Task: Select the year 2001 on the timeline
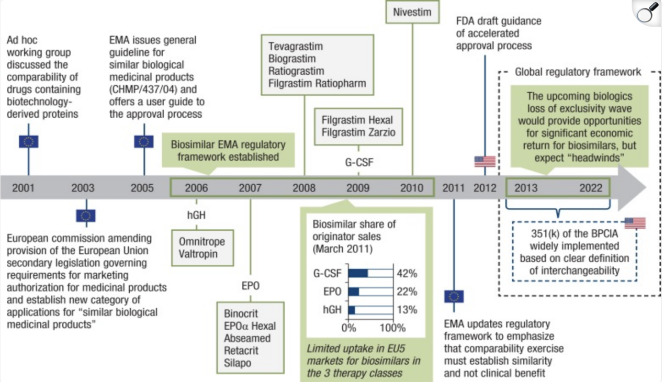click(23, 188)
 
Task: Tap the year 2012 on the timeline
click(485, 188)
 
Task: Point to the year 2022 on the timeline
click(590, 188)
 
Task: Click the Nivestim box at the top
click(412, 11)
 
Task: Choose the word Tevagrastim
click(296, 46)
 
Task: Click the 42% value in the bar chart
click(407, 273)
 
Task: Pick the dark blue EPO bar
click(354, 291)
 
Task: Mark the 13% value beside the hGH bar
click(407, 310)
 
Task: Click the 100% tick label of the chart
click(392, 328)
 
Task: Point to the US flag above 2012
click(485, 161)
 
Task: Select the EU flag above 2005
click(144, 141)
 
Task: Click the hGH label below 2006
click(197, 214)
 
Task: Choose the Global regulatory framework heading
click(578, 72)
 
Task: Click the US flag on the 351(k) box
click(635, 223)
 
